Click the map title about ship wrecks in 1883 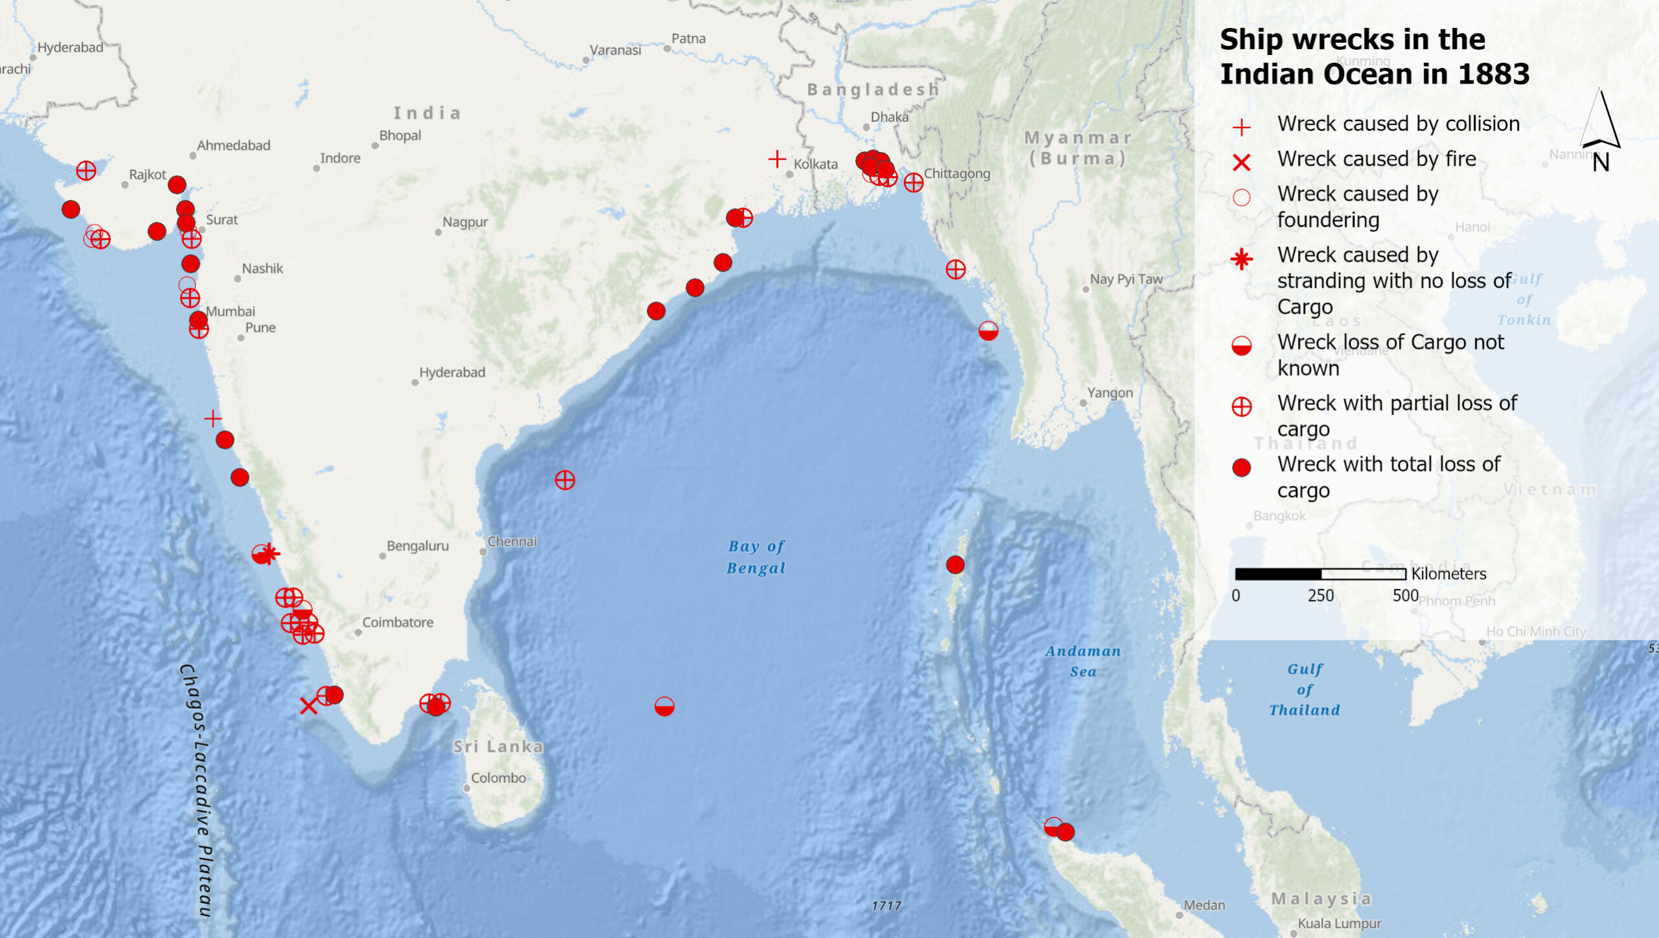(x=1374, y=56)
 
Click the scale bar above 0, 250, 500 (x=1320, y=573)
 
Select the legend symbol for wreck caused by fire (x=1241, y=162)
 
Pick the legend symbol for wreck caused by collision (x=1241, y=127)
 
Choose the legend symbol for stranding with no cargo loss (x=1241, y=260)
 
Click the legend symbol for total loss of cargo (x=1241, y=468)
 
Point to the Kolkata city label (x=815, y=165)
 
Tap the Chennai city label (x=512, y=542)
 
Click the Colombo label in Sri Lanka (x=498, y=778)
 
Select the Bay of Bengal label (x=756, y=557)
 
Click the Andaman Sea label (x=1083, y=661)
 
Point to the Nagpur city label (x=465, y=222)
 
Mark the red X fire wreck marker (x=308, y=706)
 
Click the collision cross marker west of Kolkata (x=777, y=159)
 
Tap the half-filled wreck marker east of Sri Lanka (x=664, y=706)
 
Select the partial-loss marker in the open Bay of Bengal (x=564, y=480)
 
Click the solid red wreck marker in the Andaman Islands (x=955, y=565)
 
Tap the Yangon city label (x=1109, y=393)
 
